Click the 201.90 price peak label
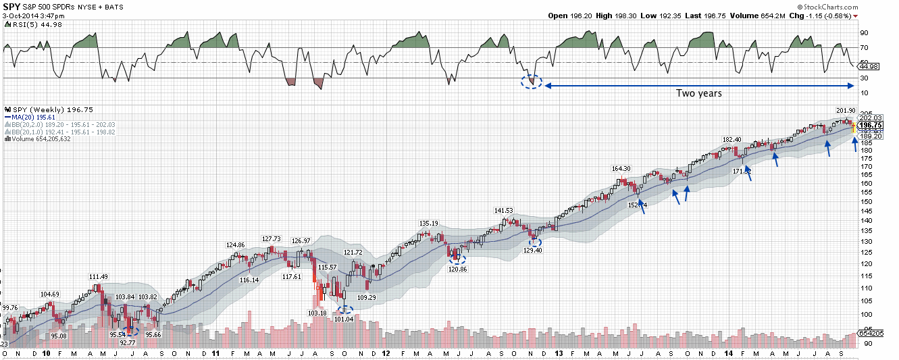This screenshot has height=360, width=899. click(x=846, y=111)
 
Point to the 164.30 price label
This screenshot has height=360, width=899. click(x=621, y=169)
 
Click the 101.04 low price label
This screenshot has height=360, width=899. click(x=344, y=319)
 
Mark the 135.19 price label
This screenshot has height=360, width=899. click(x=429, y=224)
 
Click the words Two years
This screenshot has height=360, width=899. click(x=699, y=93)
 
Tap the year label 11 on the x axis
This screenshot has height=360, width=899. click(x=215, y=353)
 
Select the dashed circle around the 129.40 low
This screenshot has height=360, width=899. click(x=534, y=241)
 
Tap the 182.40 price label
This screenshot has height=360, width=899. click(x=732, y=140)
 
